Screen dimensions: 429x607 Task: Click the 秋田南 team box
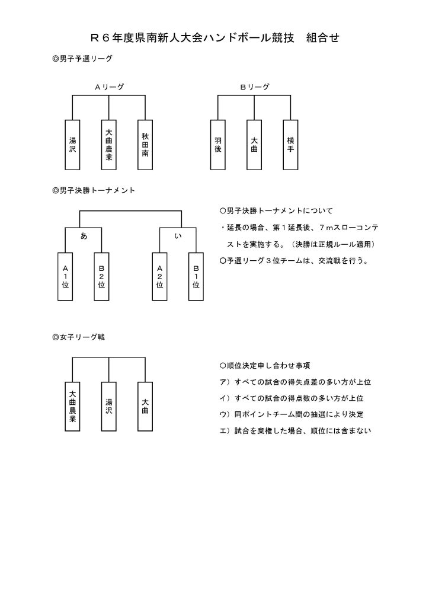click(145, 145)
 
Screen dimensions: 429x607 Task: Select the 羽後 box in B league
click(218, 145)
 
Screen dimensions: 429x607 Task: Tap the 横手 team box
click(290, 145)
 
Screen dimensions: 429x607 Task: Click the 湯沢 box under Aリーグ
click(72, 145)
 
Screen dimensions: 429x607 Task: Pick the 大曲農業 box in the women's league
click(72, 407)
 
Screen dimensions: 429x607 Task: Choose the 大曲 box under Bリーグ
click(254, 145)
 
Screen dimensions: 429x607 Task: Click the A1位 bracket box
click(65, 276)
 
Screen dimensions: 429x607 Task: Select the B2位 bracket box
click(101, 276)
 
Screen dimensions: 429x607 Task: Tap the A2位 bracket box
click(160, 276)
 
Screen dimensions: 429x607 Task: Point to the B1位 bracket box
click(196, 276)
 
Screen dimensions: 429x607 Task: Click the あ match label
click(84, 236)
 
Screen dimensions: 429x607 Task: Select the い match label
click(178, 236)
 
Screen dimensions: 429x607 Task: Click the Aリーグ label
click(110, 87)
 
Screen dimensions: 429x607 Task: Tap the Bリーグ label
click(255, 87)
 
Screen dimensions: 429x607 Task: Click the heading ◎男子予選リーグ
click(82, 59)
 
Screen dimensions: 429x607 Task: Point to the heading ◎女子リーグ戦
click(79, 337)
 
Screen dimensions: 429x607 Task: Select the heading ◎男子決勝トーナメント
click(94, 190)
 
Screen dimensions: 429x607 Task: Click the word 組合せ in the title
click(322, 37)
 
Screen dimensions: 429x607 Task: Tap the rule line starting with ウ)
click(292, 414)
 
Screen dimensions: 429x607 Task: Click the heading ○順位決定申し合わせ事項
click(265, 365)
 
